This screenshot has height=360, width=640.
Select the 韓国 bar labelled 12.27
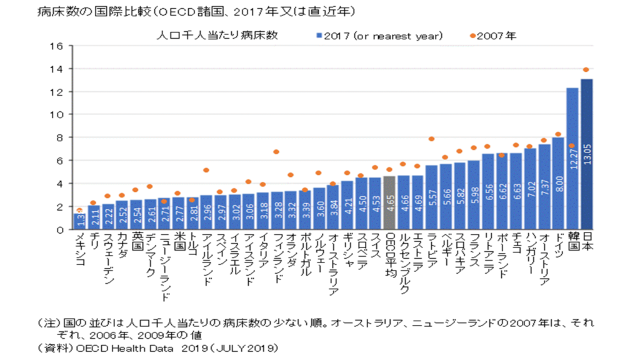(x=572, y=159)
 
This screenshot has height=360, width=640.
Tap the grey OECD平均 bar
(x=389, y=202)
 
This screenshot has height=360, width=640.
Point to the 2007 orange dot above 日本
(x=586, y=69)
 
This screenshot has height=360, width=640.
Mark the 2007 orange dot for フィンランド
(x=276, y=152)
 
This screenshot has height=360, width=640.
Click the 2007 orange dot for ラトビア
(x=431, y=139)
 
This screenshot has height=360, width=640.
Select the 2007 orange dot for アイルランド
(x=206, y=170)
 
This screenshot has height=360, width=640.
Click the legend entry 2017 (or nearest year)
(x=380, y=36)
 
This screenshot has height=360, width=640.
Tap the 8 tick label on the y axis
(x=59, y=137)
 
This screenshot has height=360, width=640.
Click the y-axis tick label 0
(x=59, y=229)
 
